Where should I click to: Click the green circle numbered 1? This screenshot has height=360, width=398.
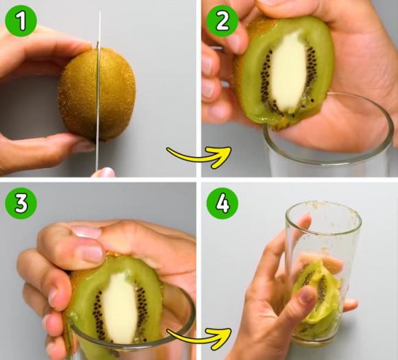click(21, 21)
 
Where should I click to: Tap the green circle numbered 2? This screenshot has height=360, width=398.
click(222, 21)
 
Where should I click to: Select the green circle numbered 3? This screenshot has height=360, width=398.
click(21, 203)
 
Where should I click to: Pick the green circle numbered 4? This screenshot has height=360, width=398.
click(222, 203)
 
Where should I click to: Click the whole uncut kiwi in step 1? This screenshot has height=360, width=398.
click(97, 95)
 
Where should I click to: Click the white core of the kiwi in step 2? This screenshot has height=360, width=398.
click(289, 72)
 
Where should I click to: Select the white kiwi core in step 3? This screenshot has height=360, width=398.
click(120, 307)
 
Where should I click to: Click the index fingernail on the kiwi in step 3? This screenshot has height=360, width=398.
click(89, 254)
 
